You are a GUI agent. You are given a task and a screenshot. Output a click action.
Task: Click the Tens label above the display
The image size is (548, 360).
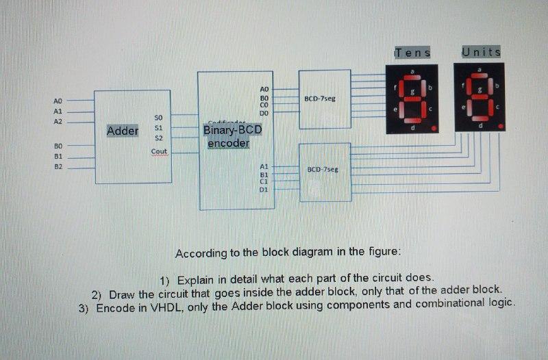412,53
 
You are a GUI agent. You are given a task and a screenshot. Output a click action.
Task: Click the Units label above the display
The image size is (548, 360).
481,52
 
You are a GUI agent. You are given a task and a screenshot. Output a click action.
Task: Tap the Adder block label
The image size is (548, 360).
123,131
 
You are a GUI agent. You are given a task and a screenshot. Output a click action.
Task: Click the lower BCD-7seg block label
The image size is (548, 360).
322,169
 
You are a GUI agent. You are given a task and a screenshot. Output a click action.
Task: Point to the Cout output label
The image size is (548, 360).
159,151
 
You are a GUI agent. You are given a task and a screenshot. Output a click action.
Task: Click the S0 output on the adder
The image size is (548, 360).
159,117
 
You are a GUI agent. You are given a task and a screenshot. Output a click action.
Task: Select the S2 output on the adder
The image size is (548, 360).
158,138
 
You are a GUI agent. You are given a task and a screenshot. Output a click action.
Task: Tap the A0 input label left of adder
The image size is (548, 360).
58,101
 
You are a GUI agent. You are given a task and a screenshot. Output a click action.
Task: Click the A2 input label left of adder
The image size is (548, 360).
58,121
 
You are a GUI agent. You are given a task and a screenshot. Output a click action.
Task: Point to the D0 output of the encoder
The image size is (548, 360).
264,113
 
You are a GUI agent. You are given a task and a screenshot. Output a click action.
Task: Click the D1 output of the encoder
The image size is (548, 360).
264,189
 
